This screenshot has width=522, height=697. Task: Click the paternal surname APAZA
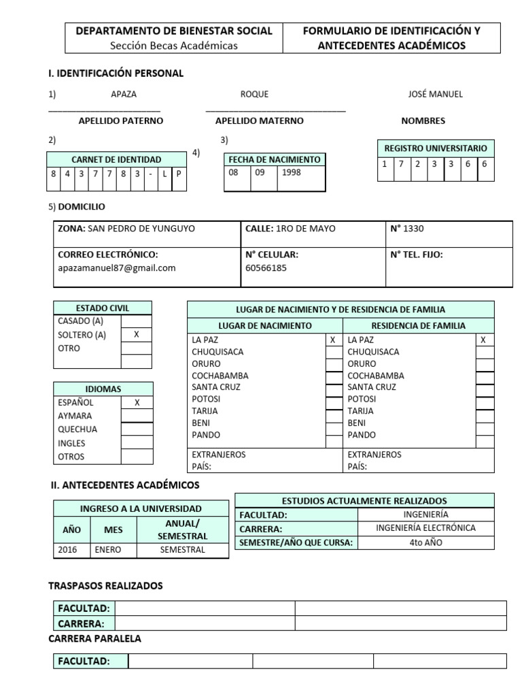[x=124, y=94]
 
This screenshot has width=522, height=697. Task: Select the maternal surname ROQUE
[x=254, y=94]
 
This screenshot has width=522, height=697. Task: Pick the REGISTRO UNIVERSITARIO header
[x=436, y=148]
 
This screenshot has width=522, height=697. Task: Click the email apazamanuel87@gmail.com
[x=117, y=268]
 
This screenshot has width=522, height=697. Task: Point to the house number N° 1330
[x=407, y=229]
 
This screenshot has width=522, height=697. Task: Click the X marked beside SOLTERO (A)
[x=136, y=335]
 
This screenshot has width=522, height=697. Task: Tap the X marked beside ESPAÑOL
[x=136, y=402]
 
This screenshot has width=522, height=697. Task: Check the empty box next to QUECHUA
[x=136, y=429]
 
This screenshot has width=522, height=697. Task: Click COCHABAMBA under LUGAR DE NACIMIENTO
[x=220, y=376]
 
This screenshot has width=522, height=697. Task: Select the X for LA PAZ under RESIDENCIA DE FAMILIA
[x=483, y=340]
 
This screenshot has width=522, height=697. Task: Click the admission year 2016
[x=68, y=550]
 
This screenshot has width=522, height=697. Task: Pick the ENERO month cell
[x=108, y=550]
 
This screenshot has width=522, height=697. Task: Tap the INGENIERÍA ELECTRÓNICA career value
[x=425, y=528]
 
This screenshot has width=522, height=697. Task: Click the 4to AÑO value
[x=425, y=542]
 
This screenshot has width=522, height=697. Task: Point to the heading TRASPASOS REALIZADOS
[x=105, y=585]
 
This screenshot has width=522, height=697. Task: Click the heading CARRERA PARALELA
[x=95, y=638]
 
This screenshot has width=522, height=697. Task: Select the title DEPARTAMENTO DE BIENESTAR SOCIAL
[x=174, y=31]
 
